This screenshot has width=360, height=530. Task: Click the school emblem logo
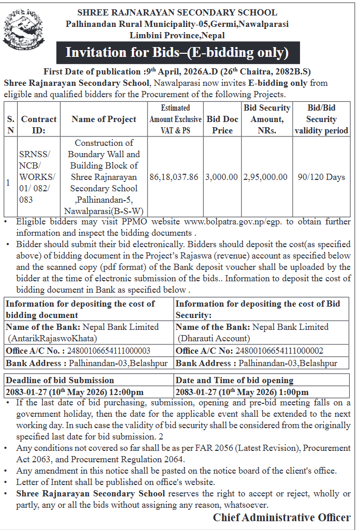click(x=21, y=31)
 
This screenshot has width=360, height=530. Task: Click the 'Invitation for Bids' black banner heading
click(x=176, y=53)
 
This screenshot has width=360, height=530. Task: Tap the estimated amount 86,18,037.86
click(x=174, y=177)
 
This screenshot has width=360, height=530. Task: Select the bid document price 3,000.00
click(x=222, y=177)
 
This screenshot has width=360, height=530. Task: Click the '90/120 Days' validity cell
click(x=321, y=177)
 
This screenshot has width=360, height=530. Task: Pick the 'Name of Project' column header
click(x=104, y=119)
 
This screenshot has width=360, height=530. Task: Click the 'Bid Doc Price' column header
click(x=222, y=125)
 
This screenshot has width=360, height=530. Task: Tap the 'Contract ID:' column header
click(x=39, y=125)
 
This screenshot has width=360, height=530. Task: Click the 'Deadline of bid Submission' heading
click(x=60, y=381)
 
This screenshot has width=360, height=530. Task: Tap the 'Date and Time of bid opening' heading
click(x=234, y=381)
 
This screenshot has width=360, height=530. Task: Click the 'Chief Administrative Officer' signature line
click(x=282, y=518)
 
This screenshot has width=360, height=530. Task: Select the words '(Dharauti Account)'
click(x=214, y=339)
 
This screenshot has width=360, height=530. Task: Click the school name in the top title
click(x=177, y=12)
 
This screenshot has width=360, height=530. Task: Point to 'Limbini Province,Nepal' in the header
click(x=177, y=35)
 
